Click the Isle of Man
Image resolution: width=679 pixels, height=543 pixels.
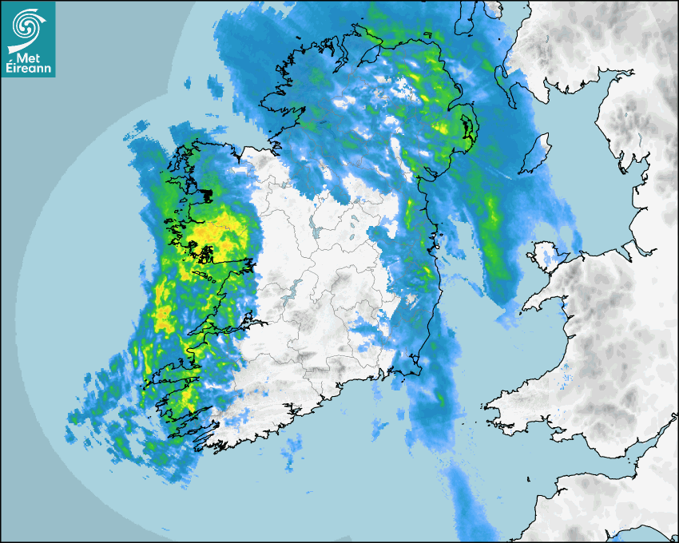(536, 152)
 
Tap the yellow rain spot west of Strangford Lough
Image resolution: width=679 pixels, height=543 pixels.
(442, 127)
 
